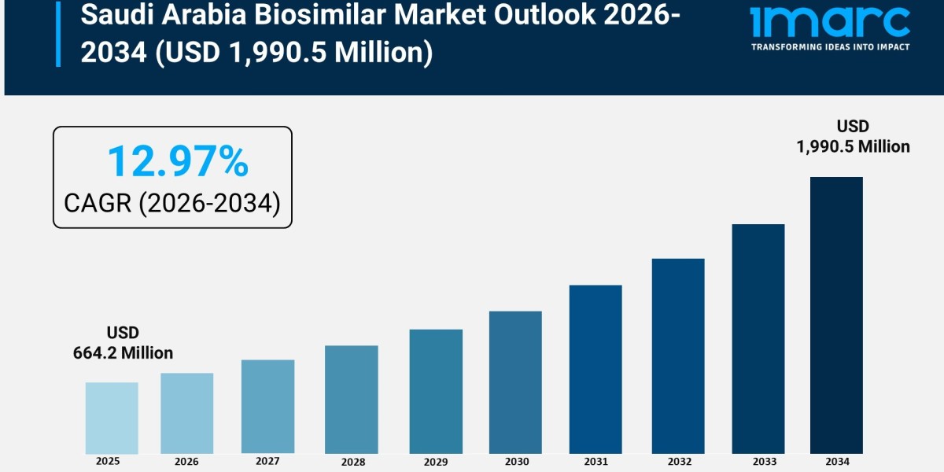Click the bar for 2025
coord(112,418)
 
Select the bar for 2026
coord(187,413)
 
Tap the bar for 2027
coord(267,407)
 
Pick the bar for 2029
coord(436,391)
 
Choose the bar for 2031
coord(596,369)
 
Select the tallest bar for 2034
coord(836,315)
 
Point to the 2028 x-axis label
coord(352,462)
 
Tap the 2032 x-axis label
coord(678,462)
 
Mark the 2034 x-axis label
coord(836,462)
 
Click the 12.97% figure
coord(178,161)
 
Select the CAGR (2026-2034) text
coord(172,203)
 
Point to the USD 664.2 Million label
coord(124,343)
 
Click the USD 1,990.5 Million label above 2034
coord(853,136)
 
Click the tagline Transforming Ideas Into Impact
coord(831,47)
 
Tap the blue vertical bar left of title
coord(57,33)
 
